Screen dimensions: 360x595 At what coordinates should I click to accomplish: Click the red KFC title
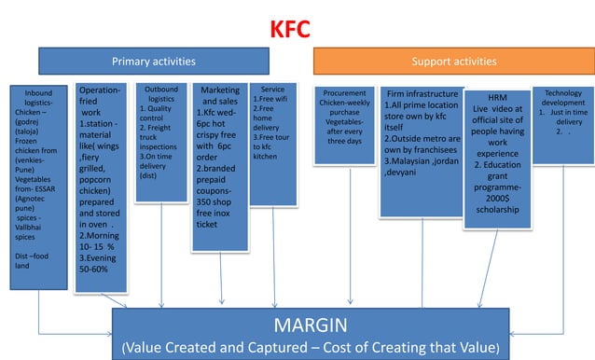297,31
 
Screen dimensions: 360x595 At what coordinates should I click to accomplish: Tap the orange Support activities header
453,62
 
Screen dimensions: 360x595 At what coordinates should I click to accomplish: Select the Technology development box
562,121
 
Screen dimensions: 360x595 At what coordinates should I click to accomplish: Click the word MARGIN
311,325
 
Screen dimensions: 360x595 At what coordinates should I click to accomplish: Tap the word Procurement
344,93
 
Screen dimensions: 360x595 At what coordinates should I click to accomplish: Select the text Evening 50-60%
99,262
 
